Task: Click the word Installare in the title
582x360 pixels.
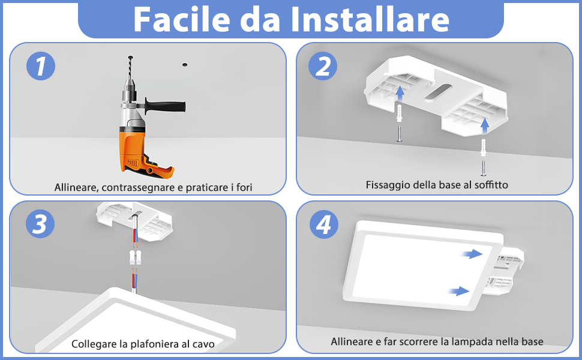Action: click(370, 19)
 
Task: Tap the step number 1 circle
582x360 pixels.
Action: click(41, 66)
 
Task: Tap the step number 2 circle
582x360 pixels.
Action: click(323, 66)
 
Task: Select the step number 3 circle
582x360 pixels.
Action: click(41, 224)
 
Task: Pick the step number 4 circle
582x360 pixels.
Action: click(323, 224)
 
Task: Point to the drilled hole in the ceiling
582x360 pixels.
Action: click(185, 63)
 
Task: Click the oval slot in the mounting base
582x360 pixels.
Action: click(436, 92)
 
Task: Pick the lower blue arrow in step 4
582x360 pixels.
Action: click(459, 291)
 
